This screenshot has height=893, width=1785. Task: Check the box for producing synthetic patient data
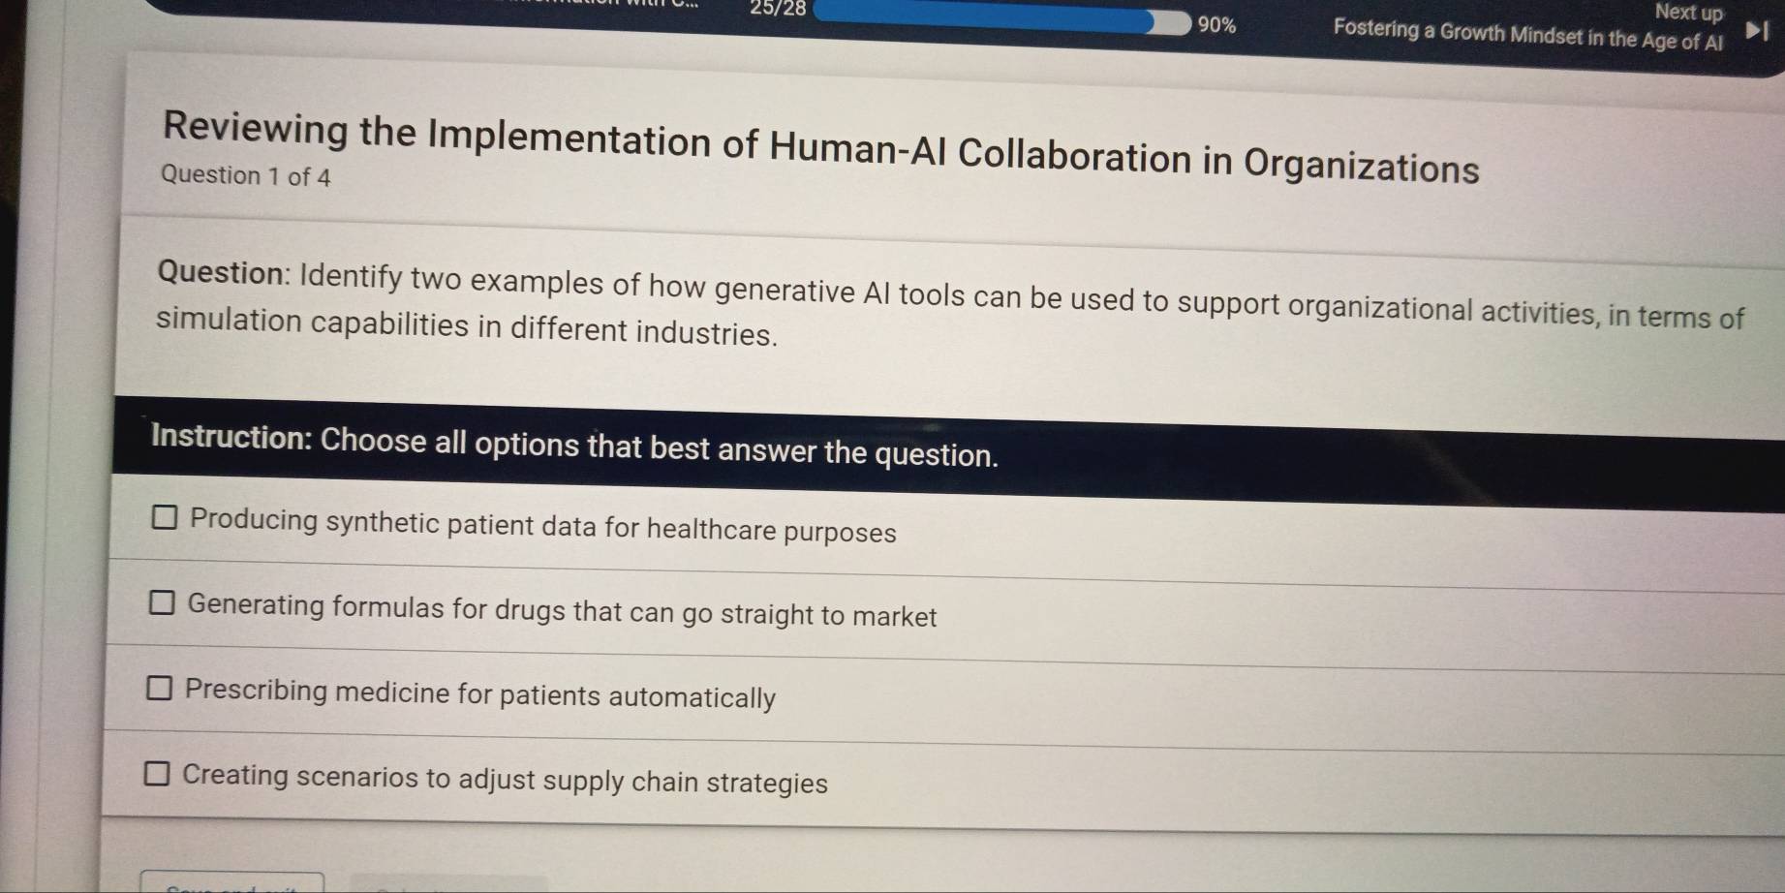(165, 518)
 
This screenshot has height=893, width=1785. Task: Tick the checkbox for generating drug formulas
(162, 603)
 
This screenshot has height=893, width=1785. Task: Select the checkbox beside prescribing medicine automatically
(160, 689)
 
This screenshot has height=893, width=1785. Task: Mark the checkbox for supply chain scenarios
(157, 774)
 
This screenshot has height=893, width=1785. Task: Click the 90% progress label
(1216, 25)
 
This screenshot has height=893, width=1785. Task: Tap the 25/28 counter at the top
(778, 9)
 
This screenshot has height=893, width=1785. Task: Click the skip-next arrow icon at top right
(1756, 32)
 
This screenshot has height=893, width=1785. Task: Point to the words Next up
(1689, 13)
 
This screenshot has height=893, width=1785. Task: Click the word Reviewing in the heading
(256, 130)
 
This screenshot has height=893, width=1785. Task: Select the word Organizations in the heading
(1361, 165)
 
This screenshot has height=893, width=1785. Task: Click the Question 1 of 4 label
(246, 176)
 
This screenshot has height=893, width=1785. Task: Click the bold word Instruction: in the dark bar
(231, 437)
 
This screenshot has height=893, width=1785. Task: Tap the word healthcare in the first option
(711, 529)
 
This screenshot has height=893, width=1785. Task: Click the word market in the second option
(897, 616)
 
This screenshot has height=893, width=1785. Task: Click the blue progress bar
(998, 19)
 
